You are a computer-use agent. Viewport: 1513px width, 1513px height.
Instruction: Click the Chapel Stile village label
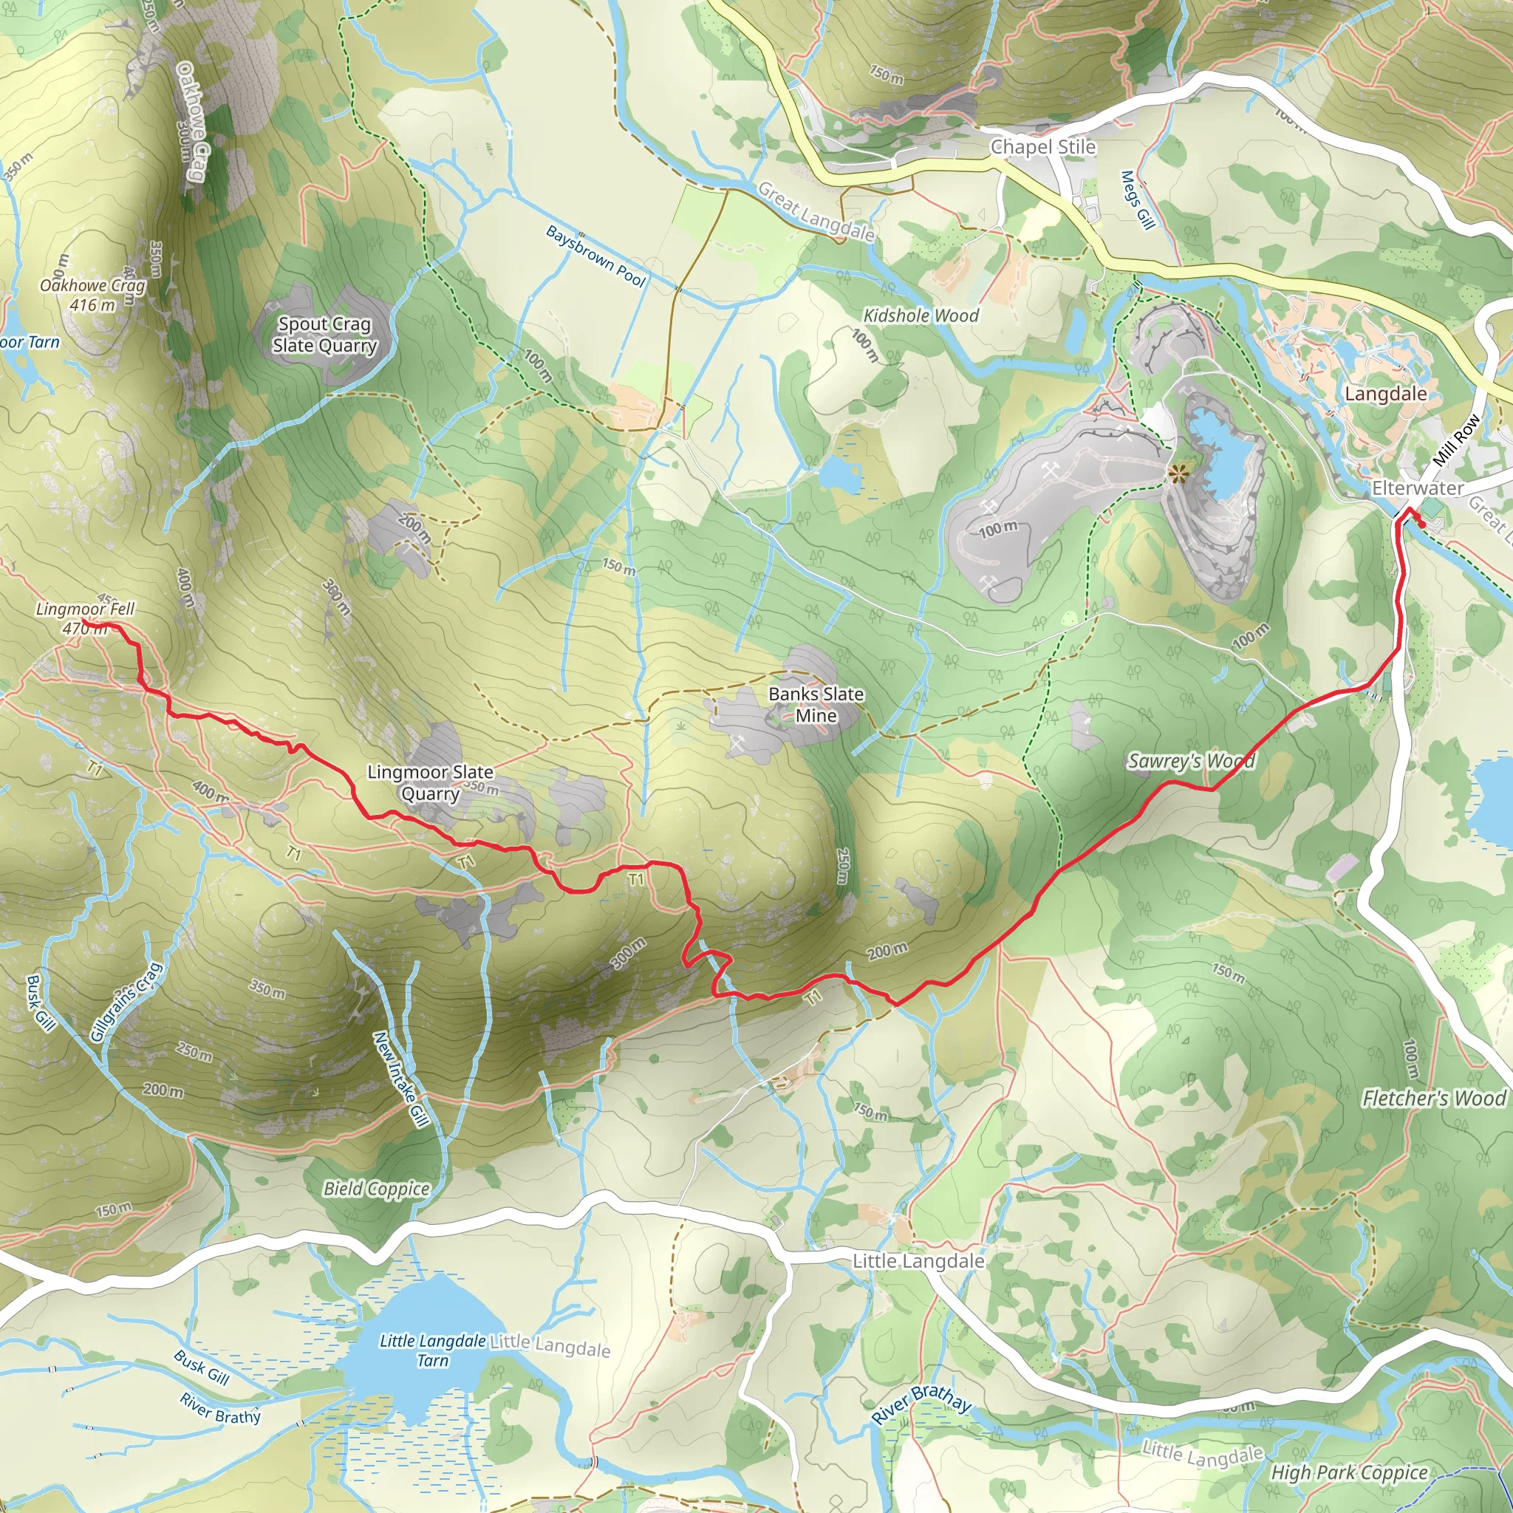pos(1042,147)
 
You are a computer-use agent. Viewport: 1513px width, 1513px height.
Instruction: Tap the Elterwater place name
pos(1418,488)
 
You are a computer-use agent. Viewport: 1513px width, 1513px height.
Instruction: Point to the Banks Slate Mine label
pos(816,704)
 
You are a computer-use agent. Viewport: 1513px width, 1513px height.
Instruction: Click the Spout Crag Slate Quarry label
pos(325,335)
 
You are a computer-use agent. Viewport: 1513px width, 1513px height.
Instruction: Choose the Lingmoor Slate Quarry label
pos(430,782)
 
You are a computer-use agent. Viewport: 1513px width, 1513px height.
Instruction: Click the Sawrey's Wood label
pos(1191,760)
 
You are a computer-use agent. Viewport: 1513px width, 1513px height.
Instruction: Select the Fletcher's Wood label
pos(1433,1098)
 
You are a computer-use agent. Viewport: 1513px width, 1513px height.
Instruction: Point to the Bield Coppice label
pos(377,1189)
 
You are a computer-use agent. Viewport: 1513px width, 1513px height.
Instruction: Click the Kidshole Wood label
pos(921,315)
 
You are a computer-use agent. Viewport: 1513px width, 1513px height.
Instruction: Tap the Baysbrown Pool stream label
pos(595,256)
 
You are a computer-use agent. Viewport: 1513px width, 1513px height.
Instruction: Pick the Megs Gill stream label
pos(1138,200)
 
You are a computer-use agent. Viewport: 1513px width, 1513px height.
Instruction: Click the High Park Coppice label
pos(1349,1472)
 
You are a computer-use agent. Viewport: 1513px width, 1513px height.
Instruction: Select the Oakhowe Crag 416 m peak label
pos(92,295)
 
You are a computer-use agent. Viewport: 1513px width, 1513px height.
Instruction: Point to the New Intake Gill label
pos(400,1080)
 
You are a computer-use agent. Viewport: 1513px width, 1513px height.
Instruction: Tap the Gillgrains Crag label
pos(126,1003)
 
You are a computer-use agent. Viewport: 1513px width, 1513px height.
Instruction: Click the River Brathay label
pos(922,1404)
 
